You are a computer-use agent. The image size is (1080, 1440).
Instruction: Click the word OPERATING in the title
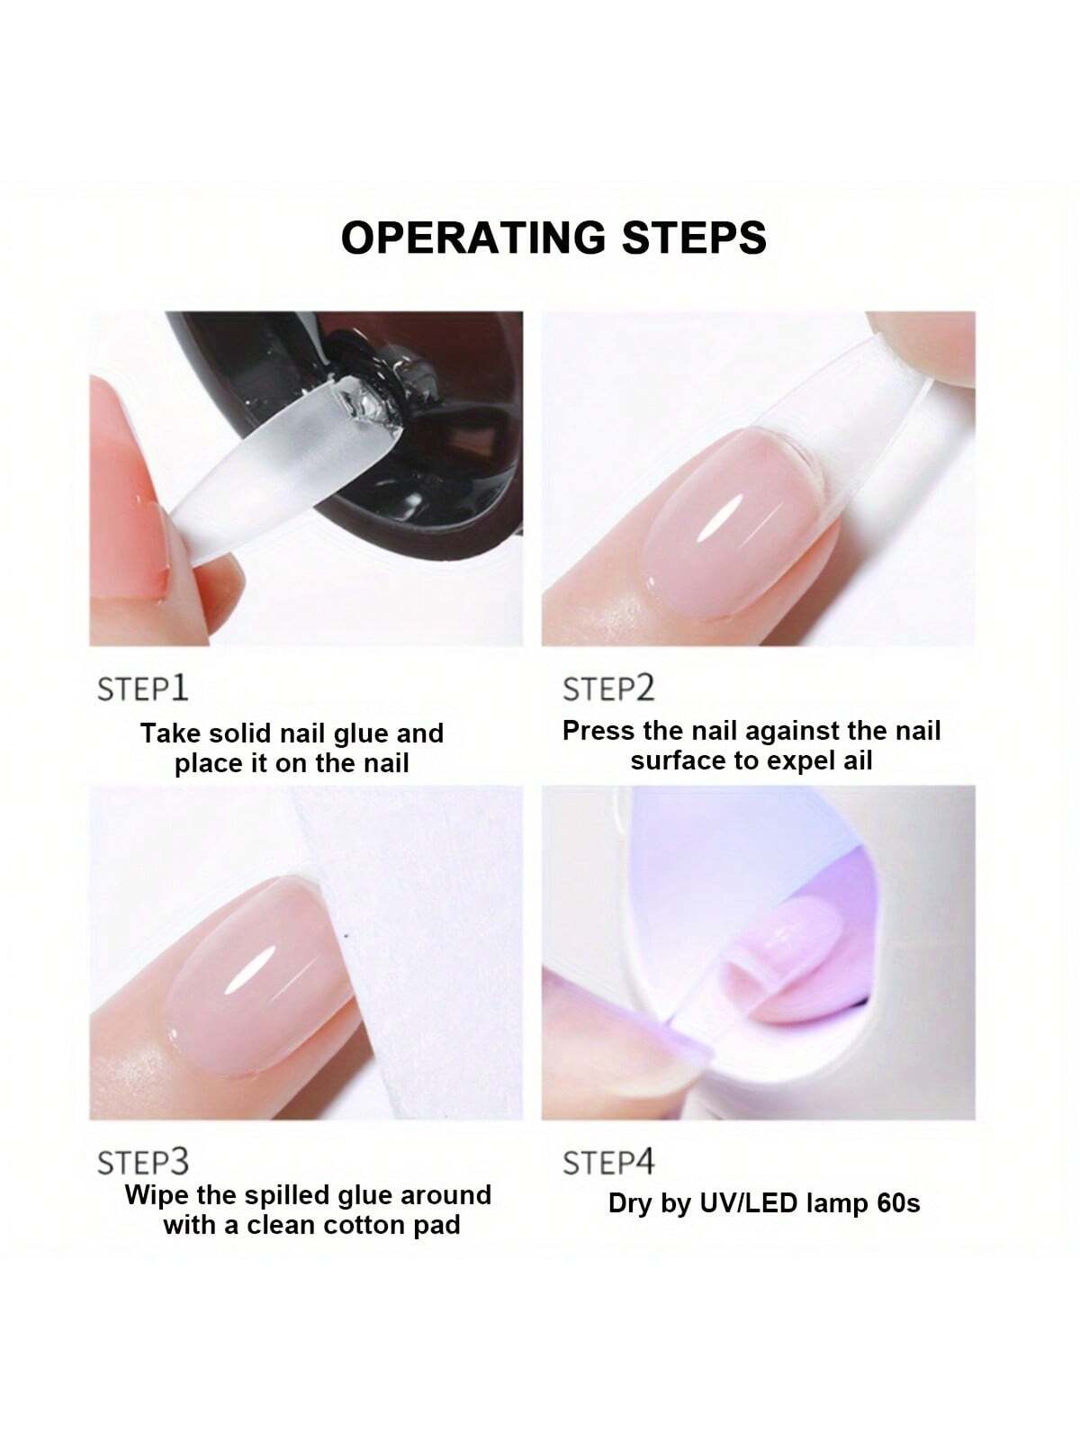[472, 238]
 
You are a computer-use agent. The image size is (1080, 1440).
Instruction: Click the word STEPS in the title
[694, 238]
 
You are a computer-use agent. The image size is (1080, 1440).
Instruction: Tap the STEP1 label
[142, 688]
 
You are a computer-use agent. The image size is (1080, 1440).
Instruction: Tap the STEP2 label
[608, 688]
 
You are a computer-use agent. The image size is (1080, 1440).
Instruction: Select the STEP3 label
[143, 1162]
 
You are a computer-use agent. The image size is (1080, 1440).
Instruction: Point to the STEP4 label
[608, 1162]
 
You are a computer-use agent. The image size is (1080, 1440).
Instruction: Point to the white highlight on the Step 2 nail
[720, 517]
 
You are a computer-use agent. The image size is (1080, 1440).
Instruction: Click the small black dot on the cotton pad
[346, 935]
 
